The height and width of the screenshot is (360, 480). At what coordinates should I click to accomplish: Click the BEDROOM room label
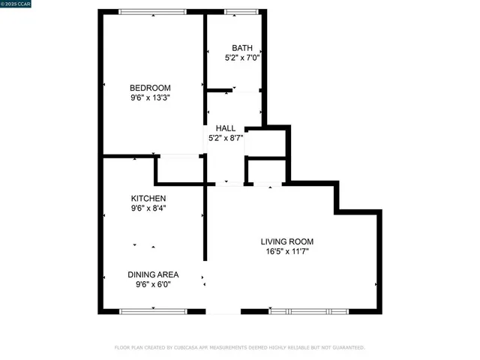point(150,87)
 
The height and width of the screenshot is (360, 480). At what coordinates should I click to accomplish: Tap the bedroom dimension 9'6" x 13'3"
point(150,97)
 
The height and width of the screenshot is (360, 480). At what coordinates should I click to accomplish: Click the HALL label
point(226,128)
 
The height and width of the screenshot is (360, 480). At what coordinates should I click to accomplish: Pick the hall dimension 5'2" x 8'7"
point(226,138)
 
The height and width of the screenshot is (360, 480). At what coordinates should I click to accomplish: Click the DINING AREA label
point(153,274)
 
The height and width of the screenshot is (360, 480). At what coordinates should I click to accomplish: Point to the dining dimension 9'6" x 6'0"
point(153,285)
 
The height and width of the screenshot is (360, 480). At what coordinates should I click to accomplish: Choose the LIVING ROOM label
point(286,241)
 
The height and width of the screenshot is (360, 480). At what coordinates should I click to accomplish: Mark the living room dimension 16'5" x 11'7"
point(286,252)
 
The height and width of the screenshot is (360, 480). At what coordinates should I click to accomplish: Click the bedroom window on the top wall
point(154,11)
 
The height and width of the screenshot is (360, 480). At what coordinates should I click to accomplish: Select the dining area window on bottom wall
point(154,310)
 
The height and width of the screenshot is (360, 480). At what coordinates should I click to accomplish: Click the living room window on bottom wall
point(308,310)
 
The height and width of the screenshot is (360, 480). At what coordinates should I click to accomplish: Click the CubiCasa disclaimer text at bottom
point(239,347)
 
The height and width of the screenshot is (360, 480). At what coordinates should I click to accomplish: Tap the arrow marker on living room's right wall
point(376,284)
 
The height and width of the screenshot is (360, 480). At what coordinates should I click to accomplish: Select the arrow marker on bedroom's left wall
point(103,84)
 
